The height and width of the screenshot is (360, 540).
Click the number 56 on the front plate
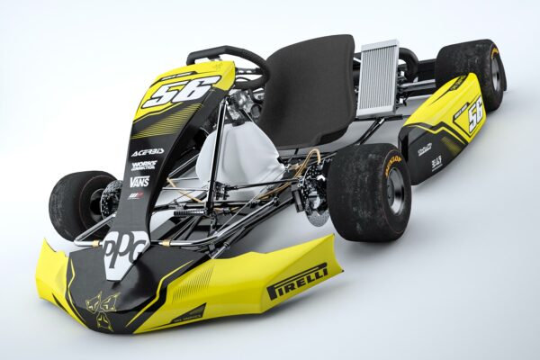(x=180, y=91)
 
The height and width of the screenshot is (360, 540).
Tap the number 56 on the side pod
(x=469, y=114)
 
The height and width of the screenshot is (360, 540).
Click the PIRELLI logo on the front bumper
(x=297, y=281)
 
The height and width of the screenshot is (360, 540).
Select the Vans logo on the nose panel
(x=139, y=181)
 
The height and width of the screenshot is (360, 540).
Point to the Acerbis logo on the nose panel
(x=148, y=152)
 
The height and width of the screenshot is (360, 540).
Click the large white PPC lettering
(x=124, y=248)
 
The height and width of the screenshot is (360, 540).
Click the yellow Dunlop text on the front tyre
(x=393, y=164)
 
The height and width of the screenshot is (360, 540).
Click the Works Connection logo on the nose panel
(x=143, y=166)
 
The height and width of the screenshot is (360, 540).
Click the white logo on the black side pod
(x=424, y=149)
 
